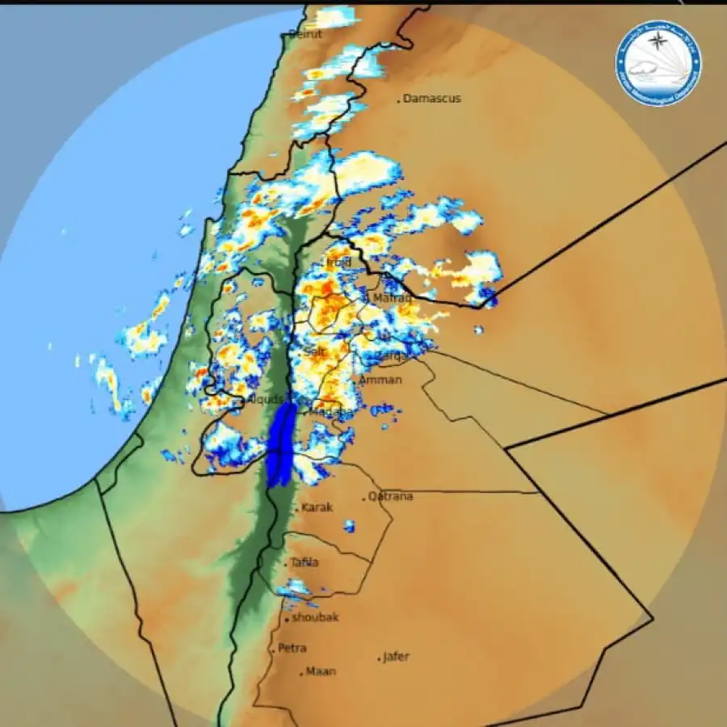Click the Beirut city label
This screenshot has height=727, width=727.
(306, 34)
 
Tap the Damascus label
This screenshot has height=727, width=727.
(432, 99)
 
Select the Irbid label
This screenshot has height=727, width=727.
(339, 263)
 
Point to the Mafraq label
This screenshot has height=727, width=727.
(392, 298)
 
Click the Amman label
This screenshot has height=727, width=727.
(380, 380)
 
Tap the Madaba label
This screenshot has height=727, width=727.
(333, 412)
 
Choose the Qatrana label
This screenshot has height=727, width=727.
(391, 496)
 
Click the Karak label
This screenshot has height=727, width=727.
(317, 508)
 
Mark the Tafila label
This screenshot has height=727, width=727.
(305, 562)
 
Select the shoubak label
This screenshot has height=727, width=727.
(315, 618)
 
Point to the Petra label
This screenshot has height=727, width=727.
(292, 648)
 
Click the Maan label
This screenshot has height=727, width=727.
(321, 671)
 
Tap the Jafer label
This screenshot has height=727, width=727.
(396, 657)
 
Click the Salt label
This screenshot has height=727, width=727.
(315, 351)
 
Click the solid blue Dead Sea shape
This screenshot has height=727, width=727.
(280, 444)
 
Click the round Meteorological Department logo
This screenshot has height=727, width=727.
(659, 63)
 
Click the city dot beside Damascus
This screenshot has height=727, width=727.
(399, 100)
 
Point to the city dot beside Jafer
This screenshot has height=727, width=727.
(379, 660)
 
